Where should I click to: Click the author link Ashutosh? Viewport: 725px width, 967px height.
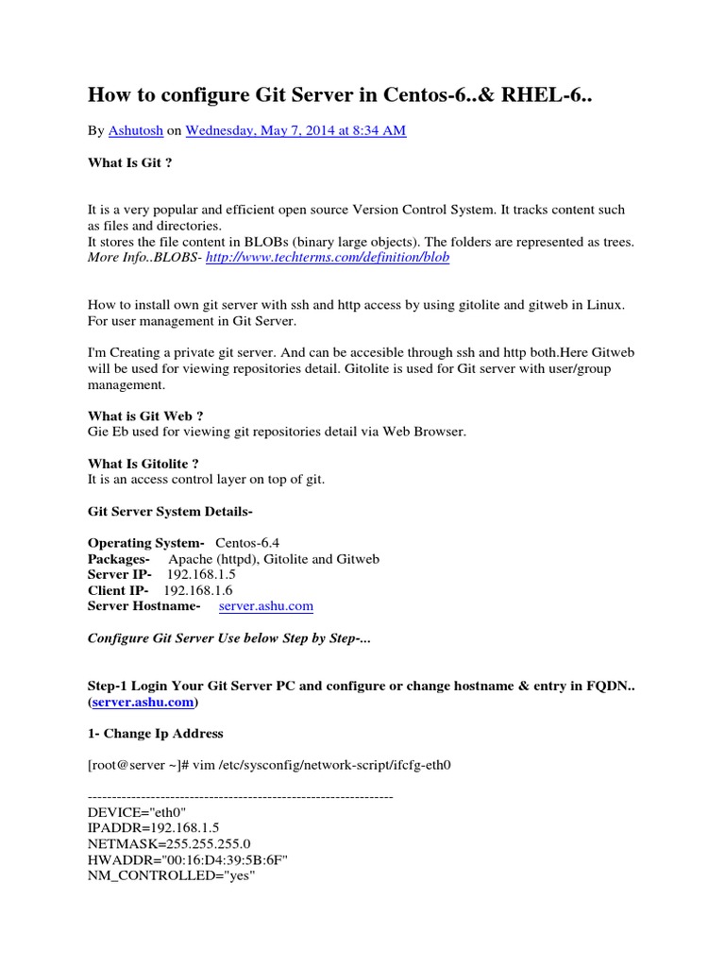[136, 131]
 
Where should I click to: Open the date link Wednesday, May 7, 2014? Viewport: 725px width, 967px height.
[295, 131]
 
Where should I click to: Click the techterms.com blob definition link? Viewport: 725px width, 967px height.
[328, 257]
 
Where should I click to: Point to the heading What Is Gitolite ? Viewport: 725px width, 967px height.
[143, 464]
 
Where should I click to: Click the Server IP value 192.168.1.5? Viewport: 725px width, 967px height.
[201, 574]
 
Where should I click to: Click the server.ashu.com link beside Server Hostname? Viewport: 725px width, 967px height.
[265, 605]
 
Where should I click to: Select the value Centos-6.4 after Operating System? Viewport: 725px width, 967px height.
[248, 543]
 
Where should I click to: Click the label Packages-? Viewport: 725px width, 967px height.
[119, 559]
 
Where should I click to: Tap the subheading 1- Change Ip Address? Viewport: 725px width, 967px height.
[155, 733]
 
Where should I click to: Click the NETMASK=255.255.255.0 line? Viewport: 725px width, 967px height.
[169, 843]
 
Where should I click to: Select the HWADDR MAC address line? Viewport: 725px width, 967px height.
[187, 859]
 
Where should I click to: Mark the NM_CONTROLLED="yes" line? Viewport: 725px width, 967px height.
[172, 875]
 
